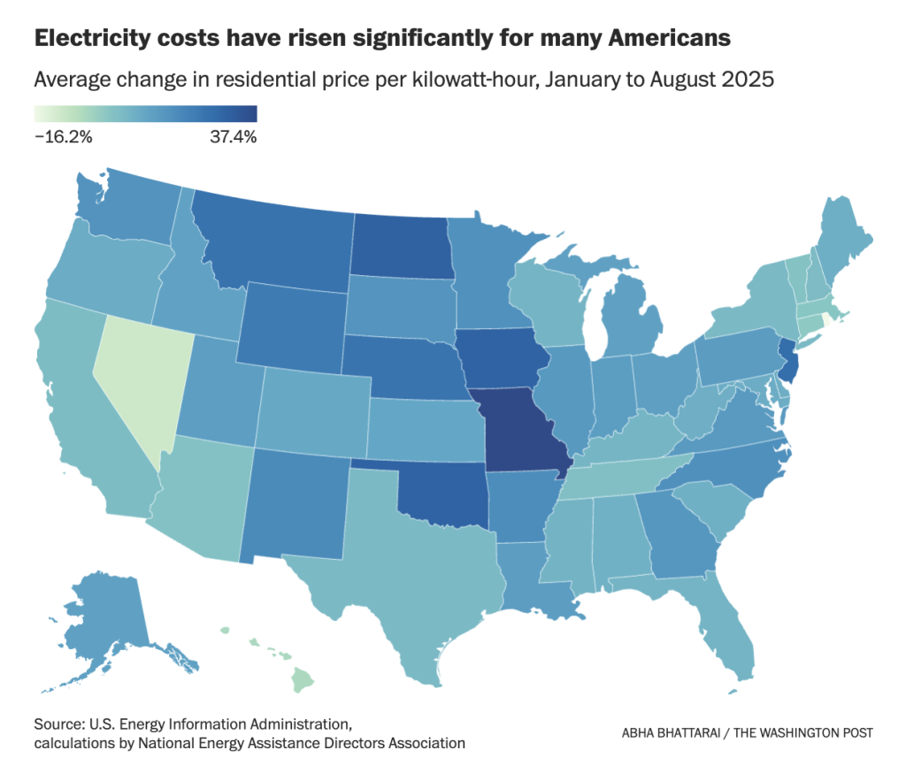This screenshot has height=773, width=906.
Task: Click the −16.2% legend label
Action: pyautogui.click(x=63, y=136)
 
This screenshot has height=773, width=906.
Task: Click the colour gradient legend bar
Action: pyautogui.click(x=145, y=114)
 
